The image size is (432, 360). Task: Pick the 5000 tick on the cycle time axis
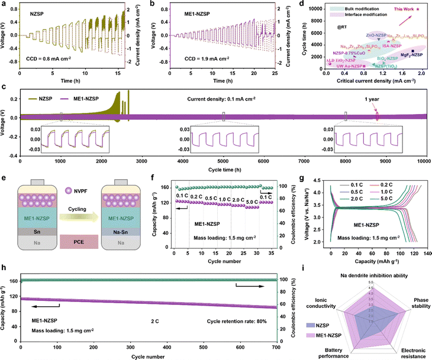point(223,160)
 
